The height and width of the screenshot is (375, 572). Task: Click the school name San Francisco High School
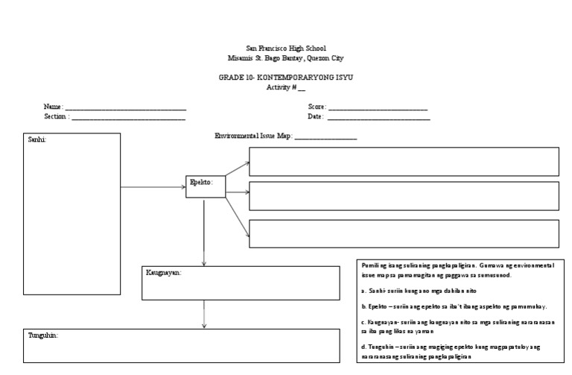tap(286, 48)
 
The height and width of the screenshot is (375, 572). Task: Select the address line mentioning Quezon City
tap(286, 57)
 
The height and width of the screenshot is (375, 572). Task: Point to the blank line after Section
tap(128, 118)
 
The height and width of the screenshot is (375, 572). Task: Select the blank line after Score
tap(378, 109)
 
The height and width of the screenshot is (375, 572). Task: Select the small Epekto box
tap(205, 186)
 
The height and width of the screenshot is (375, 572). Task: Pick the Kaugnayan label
tap(164, 272)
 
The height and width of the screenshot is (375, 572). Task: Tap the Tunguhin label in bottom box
tap(42, 335)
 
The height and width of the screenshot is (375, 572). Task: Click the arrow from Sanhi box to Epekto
tap(153, 187)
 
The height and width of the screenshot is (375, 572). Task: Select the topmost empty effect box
tap(403, 161)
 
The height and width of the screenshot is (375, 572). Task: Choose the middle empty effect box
tap(403, 195)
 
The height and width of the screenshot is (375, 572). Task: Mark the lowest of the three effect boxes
tap(403, 233)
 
